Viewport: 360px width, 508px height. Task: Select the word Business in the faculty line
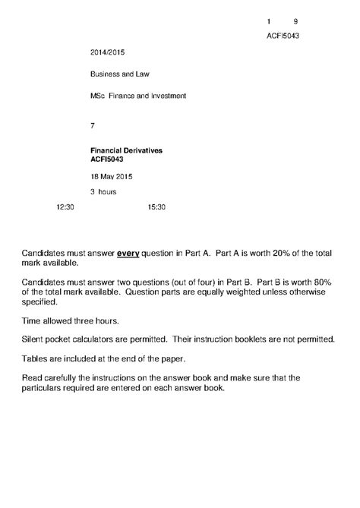click(x=105, y=74)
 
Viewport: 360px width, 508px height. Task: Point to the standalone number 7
click(x=93, y=125)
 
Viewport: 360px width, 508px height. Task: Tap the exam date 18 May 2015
click(x=112, y=177)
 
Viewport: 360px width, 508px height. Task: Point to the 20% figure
click(x=283, y=251)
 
